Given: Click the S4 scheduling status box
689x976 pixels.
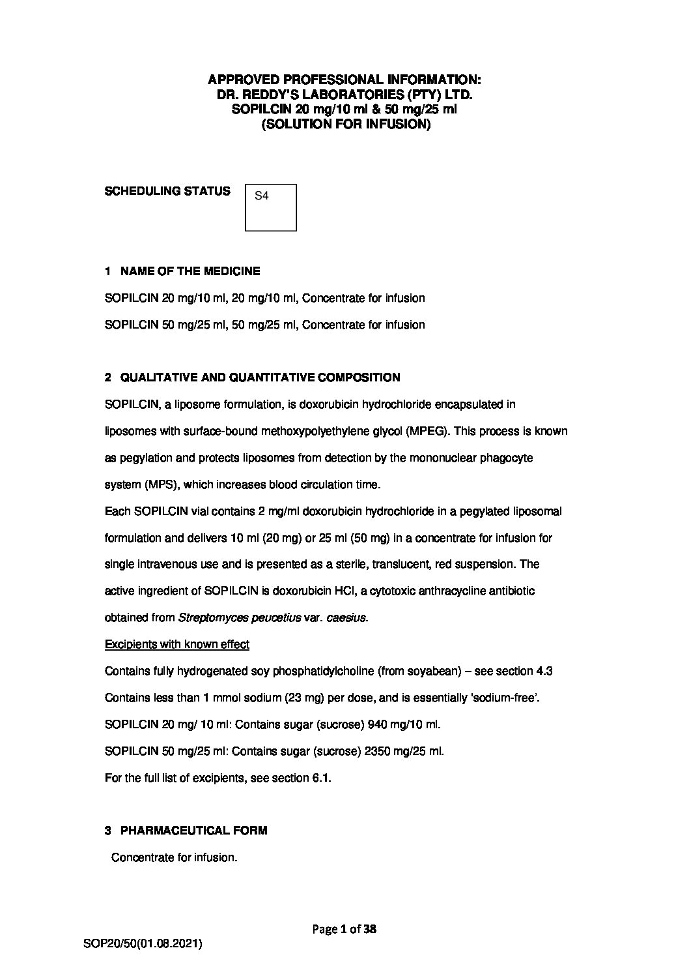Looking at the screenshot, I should tap(270, 207).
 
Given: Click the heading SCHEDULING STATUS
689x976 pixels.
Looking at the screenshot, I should tap(167, 191).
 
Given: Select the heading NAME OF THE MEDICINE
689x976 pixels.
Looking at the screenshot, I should tap(190, 271).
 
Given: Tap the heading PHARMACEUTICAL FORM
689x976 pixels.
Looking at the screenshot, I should tap(193, 830).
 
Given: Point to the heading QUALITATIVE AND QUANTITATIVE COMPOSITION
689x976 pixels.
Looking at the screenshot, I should tap(260, 377).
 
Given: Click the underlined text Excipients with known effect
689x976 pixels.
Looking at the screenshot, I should tap(176, 644).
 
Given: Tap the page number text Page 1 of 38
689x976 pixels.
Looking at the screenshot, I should tap(344, 929).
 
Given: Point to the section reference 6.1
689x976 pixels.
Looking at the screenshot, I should tap(322, 778).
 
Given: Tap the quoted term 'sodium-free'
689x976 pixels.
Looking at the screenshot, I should tap(505, 698).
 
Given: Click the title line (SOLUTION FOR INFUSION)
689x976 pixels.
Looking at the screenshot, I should tap(346, 124).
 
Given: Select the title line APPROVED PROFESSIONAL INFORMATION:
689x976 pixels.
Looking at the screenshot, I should tap(344, 80).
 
